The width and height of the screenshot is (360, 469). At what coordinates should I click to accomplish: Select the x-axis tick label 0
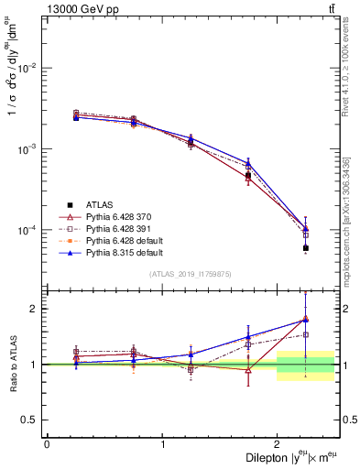pos(47,444)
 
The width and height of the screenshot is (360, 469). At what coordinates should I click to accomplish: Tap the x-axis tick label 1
pos(162,444)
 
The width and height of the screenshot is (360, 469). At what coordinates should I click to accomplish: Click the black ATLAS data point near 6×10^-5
pos(306,248)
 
